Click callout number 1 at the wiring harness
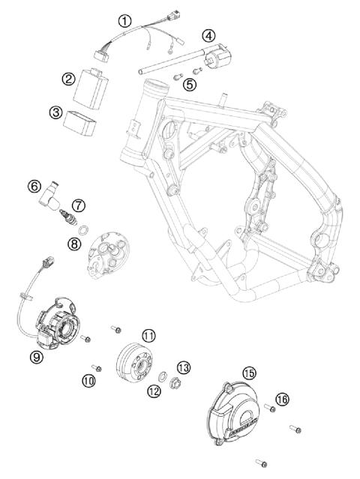(125, 20)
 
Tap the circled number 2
(67, 78)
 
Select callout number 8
(74, 243)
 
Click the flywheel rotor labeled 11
(133, 363)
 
